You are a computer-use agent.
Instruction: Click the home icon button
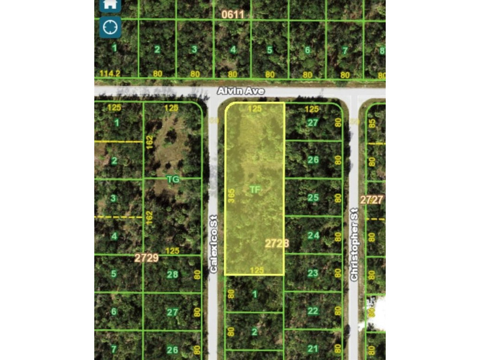[x=110, y=5]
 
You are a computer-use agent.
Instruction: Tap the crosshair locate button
[x=110, y=26]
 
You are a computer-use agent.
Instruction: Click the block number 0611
[x=232, y=14]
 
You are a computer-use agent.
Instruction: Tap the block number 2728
[x=277, y=243]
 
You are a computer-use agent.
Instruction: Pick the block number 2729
[x=146, y=258]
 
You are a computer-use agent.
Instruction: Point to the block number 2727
[x=371, y=199]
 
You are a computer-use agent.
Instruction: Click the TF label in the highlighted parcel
[x=255, y=189]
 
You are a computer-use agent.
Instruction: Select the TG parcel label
[x=173, y=179]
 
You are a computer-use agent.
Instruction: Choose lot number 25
[x=313, y=198]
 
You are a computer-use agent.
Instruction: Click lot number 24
[x=313, y=235]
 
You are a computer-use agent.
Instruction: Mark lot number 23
[x=313, y=273]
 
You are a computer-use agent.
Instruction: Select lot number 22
[x=313, y=311]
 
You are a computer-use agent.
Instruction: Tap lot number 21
[x=313, y=348]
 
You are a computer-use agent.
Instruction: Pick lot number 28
[x=172, y=274]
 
